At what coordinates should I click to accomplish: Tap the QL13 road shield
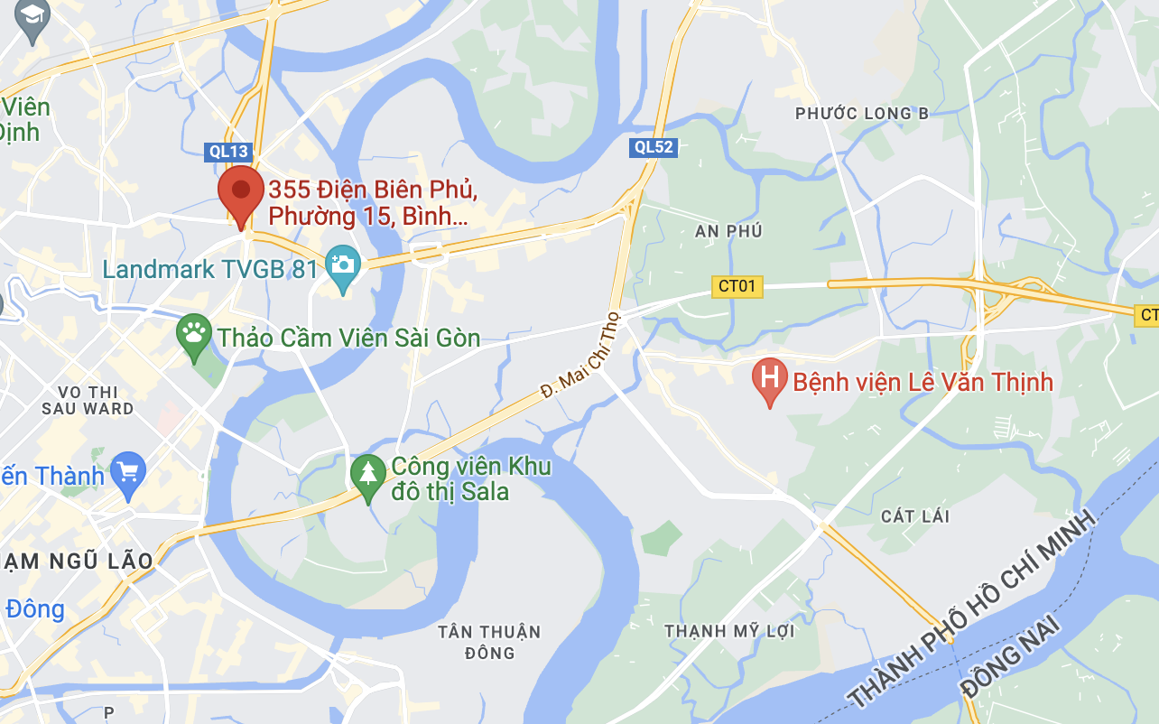tap(229, 153)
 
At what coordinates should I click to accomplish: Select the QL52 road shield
tap(654, 147)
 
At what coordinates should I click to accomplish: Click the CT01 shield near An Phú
tap(737, 287)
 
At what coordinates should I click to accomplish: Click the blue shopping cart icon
tap(128, 472)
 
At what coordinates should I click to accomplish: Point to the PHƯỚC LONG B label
tap(862, 113)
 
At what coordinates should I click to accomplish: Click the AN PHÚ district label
tap(728, 231)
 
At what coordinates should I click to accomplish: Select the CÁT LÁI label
tap(915, 516)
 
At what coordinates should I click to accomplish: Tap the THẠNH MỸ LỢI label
tap(729, 631)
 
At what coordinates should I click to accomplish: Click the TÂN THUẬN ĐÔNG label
tap(489, 642)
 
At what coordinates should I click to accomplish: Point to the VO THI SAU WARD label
tap(88, 400)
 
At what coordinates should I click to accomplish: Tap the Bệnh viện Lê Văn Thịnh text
tap(923, 382)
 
